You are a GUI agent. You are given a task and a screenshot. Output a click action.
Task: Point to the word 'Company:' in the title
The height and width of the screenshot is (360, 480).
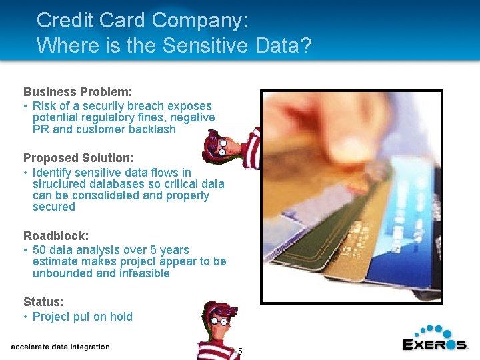pos(200,20)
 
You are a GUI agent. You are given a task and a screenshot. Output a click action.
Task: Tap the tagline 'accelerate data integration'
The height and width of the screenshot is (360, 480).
pos(60,347)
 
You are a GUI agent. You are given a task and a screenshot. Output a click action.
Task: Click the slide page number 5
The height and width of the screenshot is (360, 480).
pos(240,351)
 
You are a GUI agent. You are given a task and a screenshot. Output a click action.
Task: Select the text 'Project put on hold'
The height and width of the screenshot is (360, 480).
pos(83,317)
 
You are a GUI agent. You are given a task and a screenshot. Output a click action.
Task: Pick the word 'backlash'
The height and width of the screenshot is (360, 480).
pos(153,129)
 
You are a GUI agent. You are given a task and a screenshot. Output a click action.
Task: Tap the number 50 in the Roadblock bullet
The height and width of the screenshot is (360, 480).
pos(39,250)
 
